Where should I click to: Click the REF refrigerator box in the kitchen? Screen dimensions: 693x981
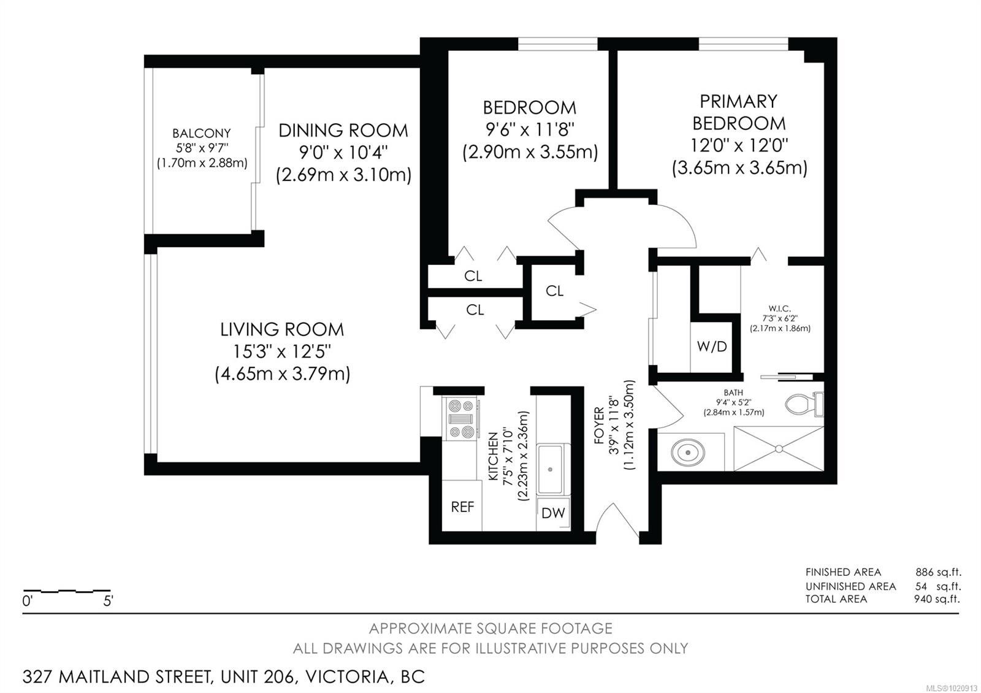pyautogui.click(x=462, y=507)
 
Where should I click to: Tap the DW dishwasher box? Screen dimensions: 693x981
pyautogui.click(x=553, y=513)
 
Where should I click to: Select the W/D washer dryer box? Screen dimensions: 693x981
pyautogui.click(x=711, y=346)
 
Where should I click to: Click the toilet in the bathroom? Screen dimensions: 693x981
pyautogui.click(x=804, y=404)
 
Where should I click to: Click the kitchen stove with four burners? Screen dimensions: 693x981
pyautogui.click(x=460, y=419)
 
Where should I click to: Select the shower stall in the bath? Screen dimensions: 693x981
pyautogui.click(x=779, y=449)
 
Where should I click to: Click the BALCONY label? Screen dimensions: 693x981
pyautogui.click(x=201, y=133)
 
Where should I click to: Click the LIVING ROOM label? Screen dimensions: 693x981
pyautogui.click(x=282, y=329)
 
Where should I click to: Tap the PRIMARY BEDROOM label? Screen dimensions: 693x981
pyautogui.click(x=739, y=112)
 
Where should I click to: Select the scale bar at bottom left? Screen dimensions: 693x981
pyautogui.click(x=66, y=592)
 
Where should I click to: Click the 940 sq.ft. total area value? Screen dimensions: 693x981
pyautogui.click(x=936, y=599)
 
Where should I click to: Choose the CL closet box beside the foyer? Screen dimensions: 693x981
pyautogui.click(x=554, y=291)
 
